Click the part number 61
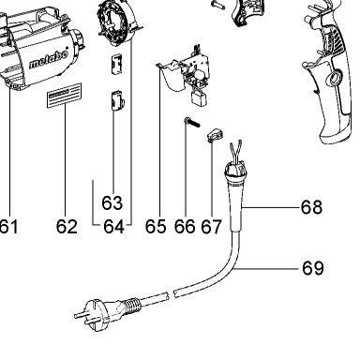(x=8, y=227)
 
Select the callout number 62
(x=67, y=227)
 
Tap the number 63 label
(x=112, y=202)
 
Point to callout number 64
(x=113, y=227)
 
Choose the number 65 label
(x=156, y=227)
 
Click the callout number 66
(x=185, y=227)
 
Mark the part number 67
(x=211, y=227)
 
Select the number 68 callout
(x=311, y=207)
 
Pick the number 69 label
(x=313, y=268)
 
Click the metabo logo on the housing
(x=49, y=59)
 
